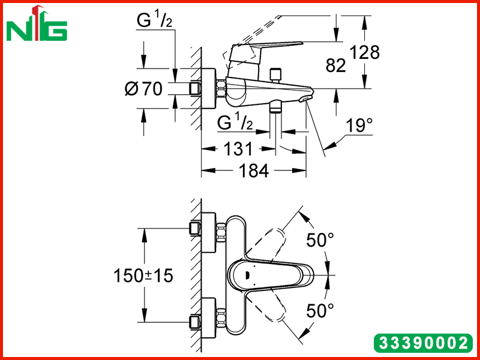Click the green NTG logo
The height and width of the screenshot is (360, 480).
tap(37, 23)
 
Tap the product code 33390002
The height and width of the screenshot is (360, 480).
tap(424, 343)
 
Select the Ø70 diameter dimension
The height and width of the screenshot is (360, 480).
tap(144, 89)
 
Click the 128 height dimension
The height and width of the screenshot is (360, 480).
tap(365, 52)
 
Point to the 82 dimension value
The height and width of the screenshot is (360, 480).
tap(336, 65)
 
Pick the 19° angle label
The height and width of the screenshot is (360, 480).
tap(359, 125)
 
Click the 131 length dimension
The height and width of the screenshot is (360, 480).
tap(238, 149)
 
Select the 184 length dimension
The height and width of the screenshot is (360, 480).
tap(254, 170)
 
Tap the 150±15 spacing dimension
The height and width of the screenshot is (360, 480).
tap(143, 275)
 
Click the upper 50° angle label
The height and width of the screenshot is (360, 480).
tap(320, 239)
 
